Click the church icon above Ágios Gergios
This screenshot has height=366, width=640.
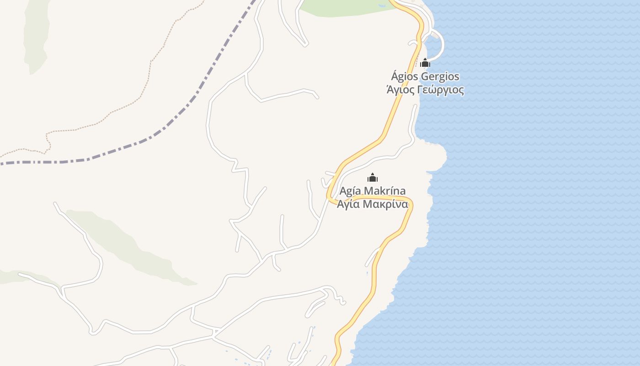click(425, 63)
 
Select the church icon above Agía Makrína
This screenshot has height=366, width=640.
click(373, 178)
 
